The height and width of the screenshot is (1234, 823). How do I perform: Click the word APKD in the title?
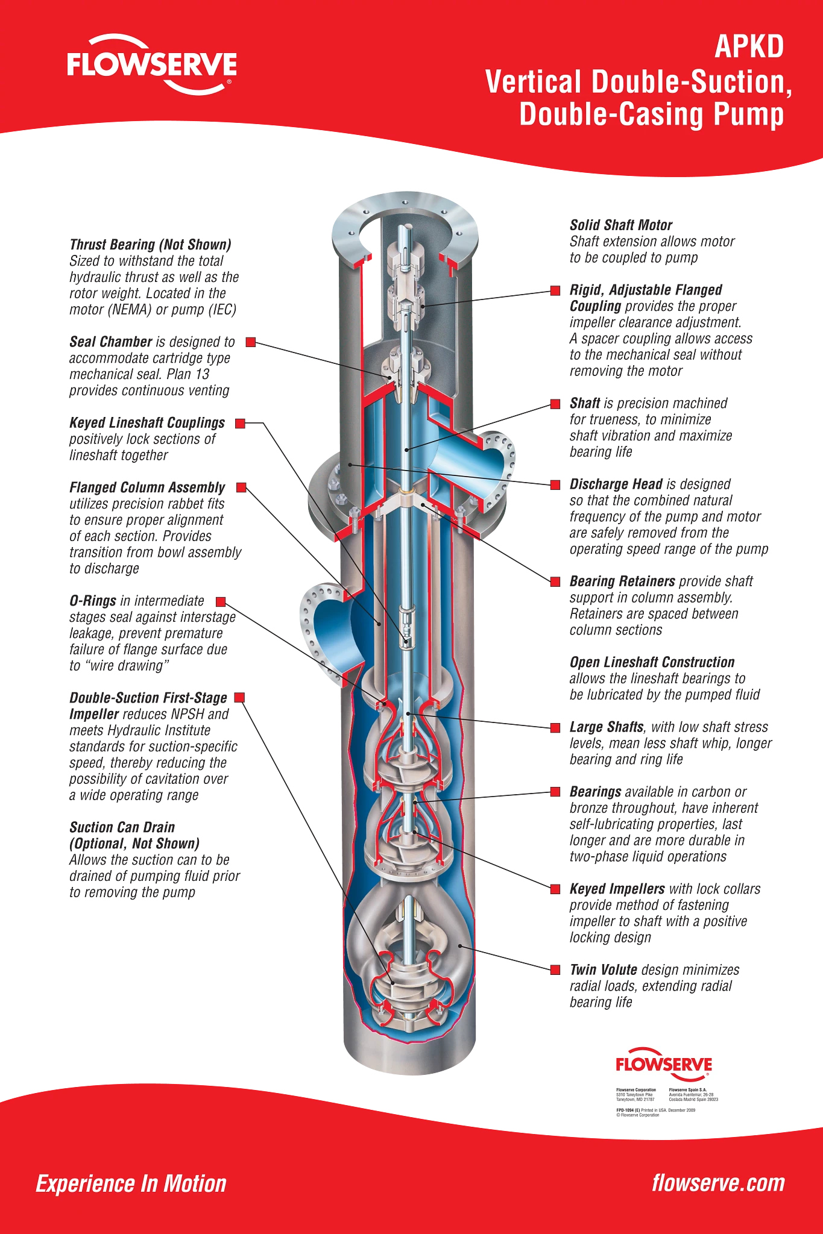point(749,47)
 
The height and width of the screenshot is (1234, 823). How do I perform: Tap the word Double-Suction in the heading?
point(691,82)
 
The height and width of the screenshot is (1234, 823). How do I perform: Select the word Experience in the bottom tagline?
point(84,1184)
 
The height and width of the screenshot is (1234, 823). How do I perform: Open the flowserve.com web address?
point(718,1183)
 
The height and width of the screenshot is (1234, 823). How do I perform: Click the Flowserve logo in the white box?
point(663,1065)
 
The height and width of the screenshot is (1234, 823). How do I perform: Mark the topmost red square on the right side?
point(555,292)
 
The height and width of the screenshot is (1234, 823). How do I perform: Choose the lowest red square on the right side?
point(555,971)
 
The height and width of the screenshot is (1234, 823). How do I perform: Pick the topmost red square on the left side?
point(250,342)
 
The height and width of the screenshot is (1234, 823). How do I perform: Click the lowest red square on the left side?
point(239,697)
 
